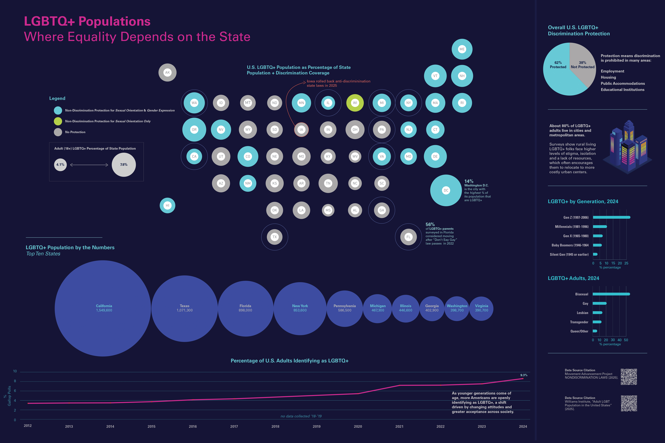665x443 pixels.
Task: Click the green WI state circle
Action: click(355, 103)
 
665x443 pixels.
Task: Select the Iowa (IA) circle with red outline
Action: click(301, 130)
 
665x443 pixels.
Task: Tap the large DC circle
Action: click(446, 190)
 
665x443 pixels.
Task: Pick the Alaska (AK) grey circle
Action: click(167, 73)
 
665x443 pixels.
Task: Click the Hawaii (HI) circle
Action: click(167, 205)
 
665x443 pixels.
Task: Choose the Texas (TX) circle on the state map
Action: click(274, 237)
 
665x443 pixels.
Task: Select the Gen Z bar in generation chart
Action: click(611, 217)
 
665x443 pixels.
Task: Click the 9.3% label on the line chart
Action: click(524, 375)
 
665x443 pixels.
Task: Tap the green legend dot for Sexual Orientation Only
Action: click(58, 121)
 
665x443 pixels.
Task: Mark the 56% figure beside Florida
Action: click(430, 224)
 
